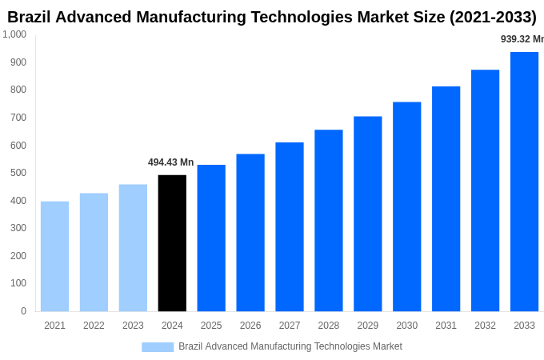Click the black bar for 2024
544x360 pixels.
point(172,243)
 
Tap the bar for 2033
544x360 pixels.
point(524,182)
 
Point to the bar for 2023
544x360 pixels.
point(133,248)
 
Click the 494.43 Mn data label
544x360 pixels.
point(170,162)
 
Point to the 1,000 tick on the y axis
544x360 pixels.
point(14,34)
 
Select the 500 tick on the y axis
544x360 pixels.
point(18,173)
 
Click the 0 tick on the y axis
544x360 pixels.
point(23,311)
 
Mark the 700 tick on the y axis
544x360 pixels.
point(18,118)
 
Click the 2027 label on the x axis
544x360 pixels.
point(290,326)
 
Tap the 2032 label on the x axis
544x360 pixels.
point(485,326)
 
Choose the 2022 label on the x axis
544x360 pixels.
point(94,326)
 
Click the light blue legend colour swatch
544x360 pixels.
point(158,346)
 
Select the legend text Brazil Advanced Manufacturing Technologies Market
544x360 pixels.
point(290,346)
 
